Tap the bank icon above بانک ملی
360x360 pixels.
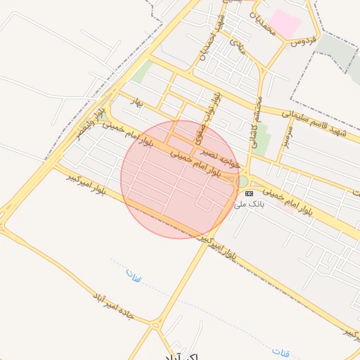click(249, 193)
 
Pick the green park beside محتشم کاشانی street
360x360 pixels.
click(262, 140)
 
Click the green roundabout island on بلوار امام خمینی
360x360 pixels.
click(243, 181)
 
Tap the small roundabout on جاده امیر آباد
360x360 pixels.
click(155, 325)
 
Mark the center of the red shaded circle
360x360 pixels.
click(179, 179)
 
